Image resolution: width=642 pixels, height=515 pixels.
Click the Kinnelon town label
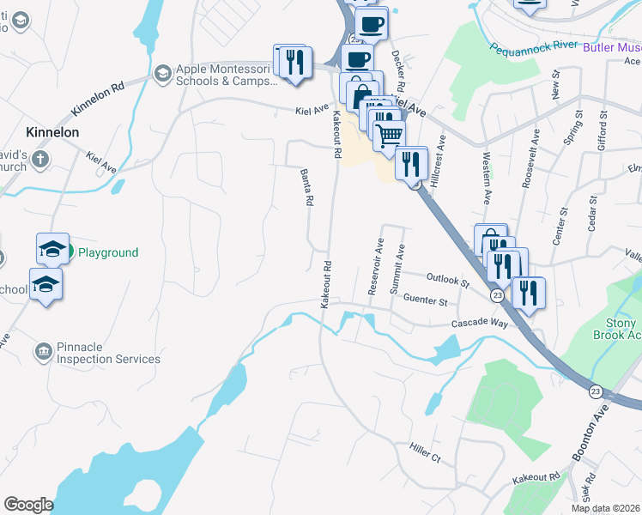(x=52, y=132)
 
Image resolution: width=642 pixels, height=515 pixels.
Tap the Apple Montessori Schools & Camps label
(x=227, y=76)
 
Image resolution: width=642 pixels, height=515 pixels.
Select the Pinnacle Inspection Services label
(x=108, y=353)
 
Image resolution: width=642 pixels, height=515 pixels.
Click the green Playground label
(x=108, y=252)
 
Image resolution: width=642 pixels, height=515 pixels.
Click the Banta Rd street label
(x=306, y=187)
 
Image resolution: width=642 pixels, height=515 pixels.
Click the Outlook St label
(x=448, y=281)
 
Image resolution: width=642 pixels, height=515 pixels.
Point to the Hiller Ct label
(x=425, y=452)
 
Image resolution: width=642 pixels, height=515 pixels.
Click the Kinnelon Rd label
(x=99, y=99)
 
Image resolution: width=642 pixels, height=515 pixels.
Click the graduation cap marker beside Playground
(x=52, y=248)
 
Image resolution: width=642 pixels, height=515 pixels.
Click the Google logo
(x=28, y=505)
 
